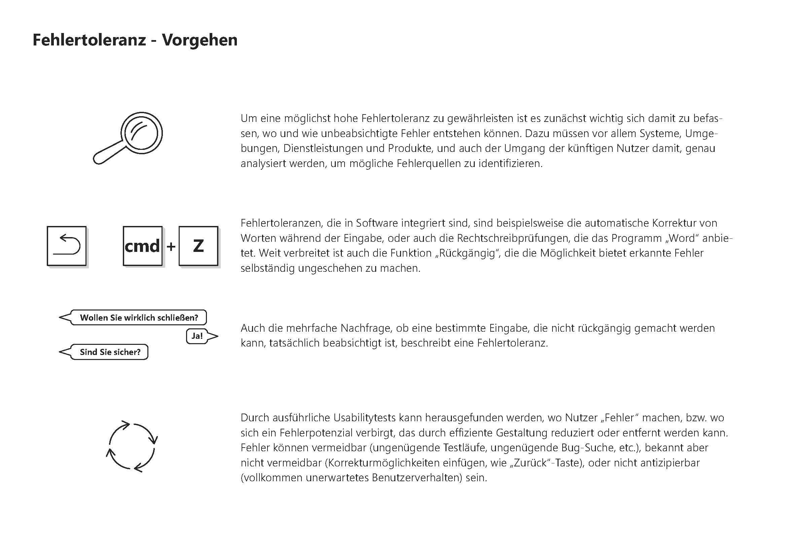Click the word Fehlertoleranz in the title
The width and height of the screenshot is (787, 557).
coord(89,40)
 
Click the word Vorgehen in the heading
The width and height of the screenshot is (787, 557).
coord(200,40)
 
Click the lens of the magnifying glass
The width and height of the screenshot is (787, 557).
coord(142,133)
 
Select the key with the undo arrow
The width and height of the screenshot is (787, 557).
coord(67,246)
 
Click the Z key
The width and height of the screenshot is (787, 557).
coord(198,246)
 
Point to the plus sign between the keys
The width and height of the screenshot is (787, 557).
coord(171,246)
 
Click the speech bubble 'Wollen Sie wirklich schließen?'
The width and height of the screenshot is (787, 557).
coord(139,318)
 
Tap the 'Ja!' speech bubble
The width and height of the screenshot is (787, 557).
coord(197,336)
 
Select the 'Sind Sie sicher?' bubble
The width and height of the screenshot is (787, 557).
coord(110,352)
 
